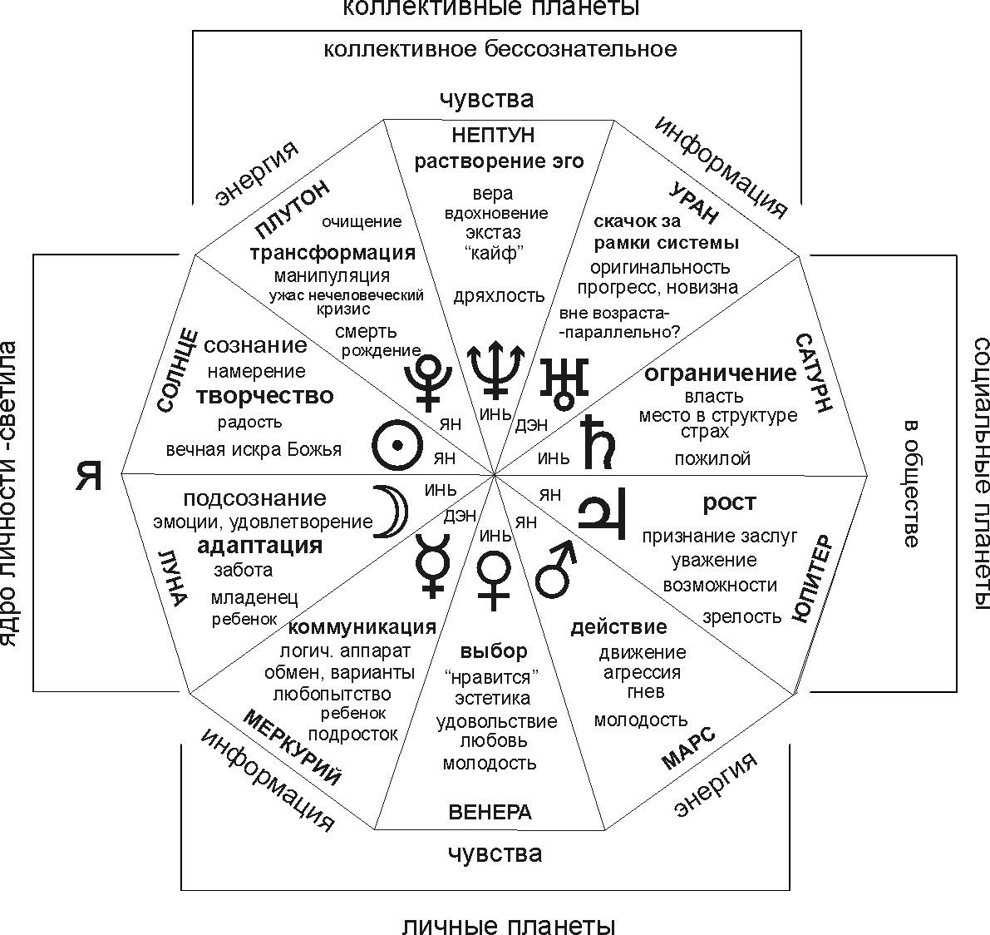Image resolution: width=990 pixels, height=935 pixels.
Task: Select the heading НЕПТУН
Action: [x=493, y=135]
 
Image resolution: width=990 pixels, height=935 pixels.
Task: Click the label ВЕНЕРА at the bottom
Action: [x=490, y=812]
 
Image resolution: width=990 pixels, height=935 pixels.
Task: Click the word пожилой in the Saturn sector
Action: [x=712, y=458]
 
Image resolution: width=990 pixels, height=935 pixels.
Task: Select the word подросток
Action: [x=353, y=735]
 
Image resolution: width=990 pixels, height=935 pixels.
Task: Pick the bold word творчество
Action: [x=265, y=396]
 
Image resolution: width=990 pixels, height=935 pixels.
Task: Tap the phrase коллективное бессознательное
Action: [x=500, y=49]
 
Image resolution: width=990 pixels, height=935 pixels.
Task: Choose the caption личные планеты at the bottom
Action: [x=509, y=926]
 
